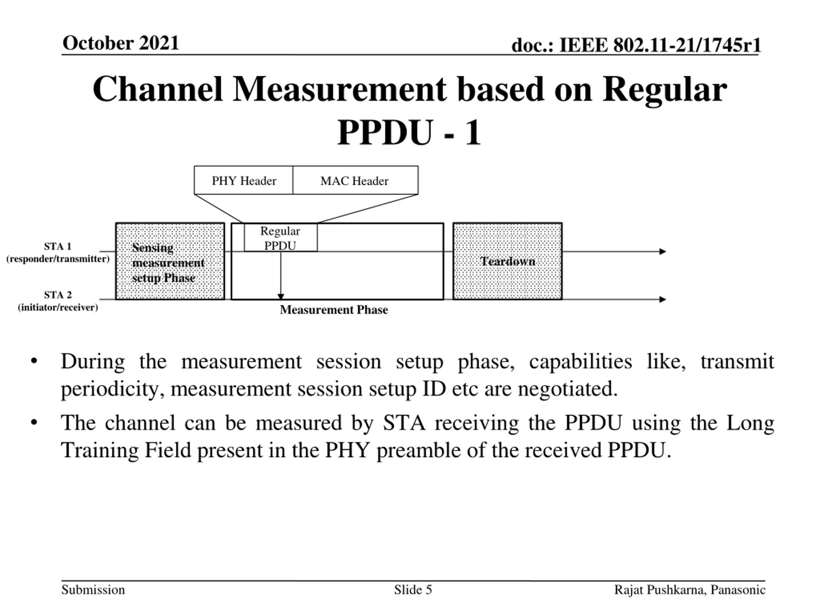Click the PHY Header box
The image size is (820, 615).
point(243,181)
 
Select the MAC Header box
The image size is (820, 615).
point(355,181)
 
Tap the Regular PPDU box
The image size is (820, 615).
point(280,238)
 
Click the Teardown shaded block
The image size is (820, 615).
point(507,261)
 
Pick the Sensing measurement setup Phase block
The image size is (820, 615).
point(170,261)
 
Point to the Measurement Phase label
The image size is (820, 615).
point(334,309)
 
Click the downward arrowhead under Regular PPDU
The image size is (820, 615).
point(281,296)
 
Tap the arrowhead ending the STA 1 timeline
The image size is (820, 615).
point(663,252)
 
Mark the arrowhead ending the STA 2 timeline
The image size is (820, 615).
point(663,299)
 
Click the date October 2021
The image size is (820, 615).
point(121,43)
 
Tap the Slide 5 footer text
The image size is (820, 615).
point(413,590)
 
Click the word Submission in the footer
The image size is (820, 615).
point(93,590)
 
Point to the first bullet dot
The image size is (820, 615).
point(34,361)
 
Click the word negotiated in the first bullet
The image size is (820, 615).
point(568,389)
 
